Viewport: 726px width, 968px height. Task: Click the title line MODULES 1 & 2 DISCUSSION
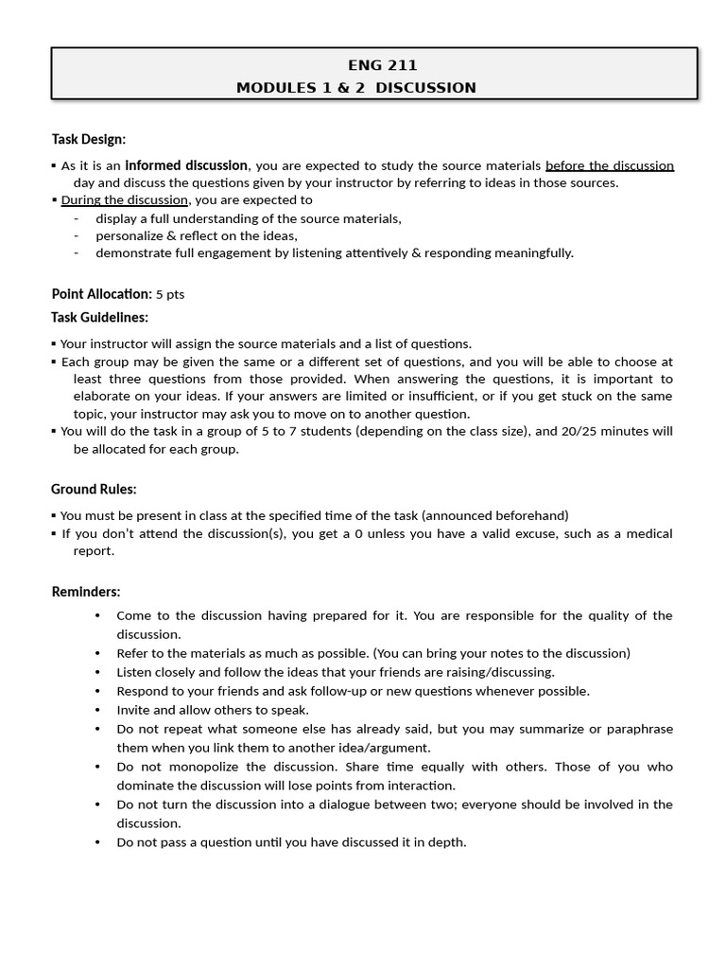[356, 88]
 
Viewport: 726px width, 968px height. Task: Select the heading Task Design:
[88, 139]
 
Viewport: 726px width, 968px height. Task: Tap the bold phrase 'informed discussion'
[187, 165]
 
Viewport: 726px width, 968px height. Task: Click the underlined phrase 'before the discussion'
[610, 165]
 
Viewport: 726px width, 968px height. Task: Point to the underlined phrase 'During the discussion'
[126, 200]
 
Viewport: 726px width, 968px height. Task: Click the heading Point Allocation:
[101, 294]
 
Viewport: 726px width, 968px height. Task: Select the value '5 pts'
[170, 295]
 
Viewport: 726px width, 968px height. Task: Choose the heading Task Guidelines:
[99, 318]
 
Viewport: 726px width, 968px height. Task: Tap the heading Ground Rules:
[94, 489]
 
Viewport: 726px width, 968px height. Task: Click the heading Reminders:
[85, 592]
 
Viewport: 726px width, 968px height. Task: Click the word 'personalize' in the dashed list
[130, 235]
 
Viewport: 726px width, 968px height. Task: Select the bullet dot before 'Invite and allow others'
[98, 710]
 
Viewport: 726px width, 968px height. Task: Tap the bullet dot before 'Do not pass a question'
[98, 842]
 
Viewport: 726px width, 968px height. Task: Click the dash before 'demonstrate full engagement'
[76, 253]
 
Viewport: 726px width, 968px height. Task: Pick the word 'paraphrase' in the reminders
[640, 729]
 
